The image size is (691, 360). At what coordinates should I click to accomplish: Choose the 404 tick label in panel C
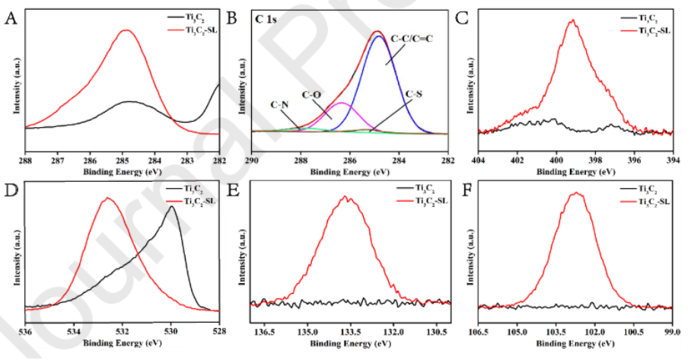pyautogui.click(x=479, y=161)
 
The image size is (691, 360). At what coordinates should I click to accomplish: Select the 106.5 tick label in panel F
pyautogui.click(x=479, y=332)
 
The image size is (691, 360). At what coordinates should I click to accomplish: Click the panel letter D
pyautogui.click(x=11, y=187)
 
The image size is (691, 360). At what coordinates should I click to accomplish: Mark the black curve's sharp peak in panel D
pyautogui.click(x=171, y=207)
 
